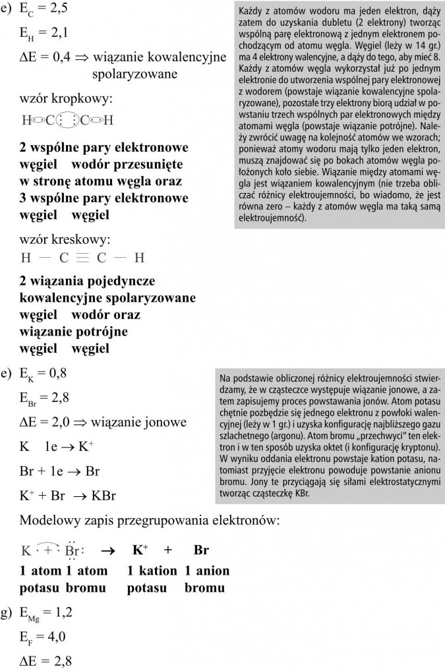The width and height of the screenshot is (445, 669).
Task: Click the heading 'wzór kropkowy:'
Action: [x=66, y=100]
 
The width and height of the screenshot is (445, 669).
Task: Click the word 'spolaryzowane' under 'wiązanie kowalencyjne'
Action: [x=134, y=74]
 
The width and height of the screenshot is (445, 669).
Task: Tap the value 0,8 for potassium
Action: [x=57, y=373]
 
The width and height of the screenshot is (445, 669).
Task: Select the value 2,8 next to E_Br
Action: [x=60, y=397]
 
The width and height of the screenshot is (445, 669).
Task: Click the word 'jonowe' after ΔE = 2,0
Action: [x=165, y=421]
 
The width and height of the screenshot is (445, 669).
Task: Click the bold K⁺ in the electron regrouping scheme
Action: [x=140, y=550]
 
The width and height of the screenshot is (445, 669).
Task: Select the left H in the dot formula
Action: [x=26, y=121]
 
